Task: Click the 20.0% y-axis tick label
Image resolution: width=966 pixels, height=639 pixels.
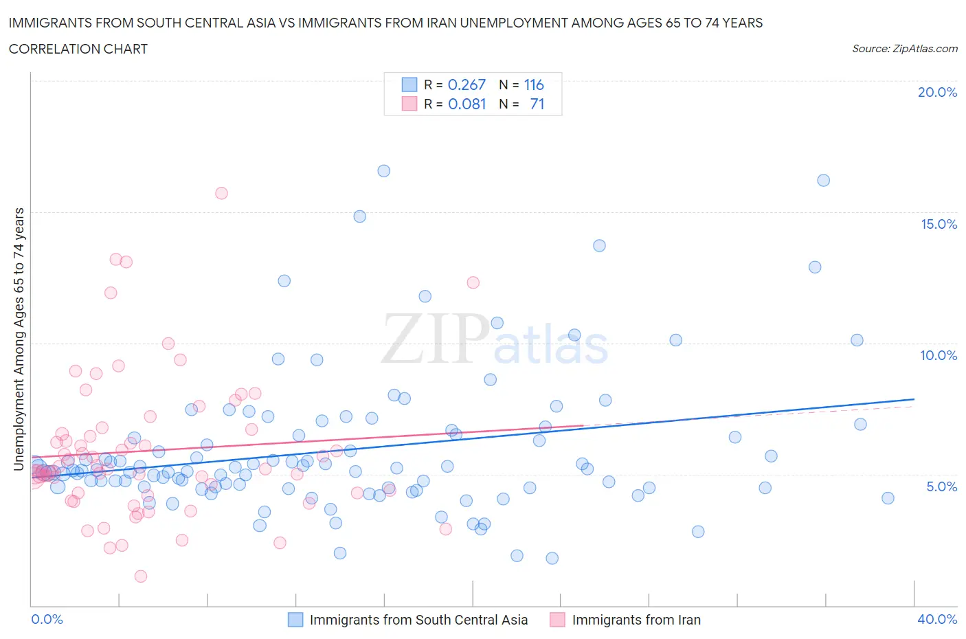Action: click(x=937, y=92)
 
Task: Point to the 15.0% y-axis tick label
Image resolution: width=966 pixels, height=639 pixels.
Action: click(x=939, y=224)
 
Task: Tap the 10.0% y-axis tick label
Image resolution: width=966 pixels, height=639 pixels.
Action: click(x=939, y=355)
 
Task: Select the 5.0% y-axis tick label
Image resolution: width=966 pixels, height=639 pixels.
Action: click(x=941, y=486)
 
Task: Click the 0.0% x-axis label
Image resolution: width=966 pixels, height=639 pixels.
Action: click(x=47, y=619)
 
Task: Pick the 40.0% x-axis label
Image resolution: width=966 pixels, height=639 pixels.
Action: click(x=937, y=619)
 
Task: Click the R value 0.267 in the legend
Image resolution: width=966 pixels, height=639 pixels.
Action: click(x=467, y=85)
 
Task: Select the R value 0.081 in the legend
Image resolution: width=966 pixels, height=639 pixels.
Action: click(x=467, y=104)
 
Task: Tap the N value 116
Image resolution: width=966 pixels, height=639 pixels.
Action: click(x=534, y=85)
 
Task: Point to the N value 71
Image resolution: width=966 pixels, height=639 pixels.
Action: click(x=537, y=104)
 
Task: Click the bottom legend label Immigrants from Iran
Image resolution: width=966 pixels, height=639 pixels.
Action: click(x=636, y=620)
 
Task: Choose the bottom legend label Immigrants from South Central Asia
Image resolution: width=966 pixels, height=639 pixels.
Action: click(x=418, y=620)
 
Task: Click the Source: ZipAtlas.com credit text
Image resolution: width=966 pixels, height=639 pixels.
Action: click(x=904, y=49)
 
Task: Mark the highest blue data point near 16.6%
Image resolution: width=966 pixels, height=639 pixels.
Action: click(x=384, y=171)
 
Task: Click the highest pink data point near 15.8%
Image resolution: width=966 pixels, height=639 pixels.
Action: click(x=221, y=193)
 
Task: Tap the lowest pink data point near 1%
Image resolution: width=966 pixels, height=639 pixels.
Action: click(x=141, y=576)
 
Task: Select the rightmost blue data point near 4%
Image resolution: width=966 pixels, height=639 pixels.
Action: click(x=888, y=498)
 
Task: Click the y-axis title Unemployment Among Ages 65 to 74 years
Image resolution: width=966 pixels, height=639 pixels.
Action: click(x=19, y=339)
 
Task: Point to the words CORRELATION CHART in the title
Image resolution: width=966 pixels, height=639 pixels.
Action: click(x=78, y=49)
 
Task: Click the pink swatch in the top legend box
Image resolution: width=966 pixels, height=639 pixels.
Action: click(x=409, y=104)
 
